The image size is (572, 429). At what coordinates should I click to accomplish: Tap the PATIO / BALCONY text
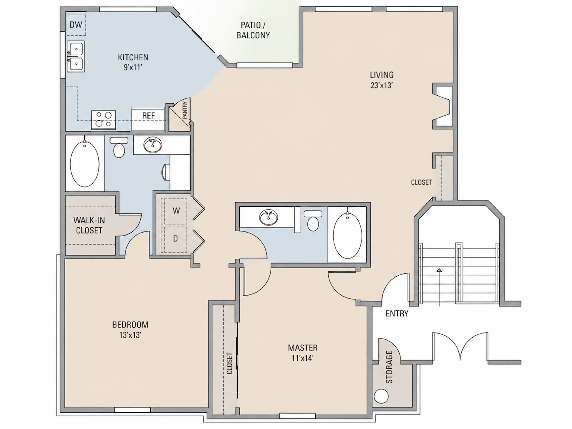[x=253, y=30]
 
